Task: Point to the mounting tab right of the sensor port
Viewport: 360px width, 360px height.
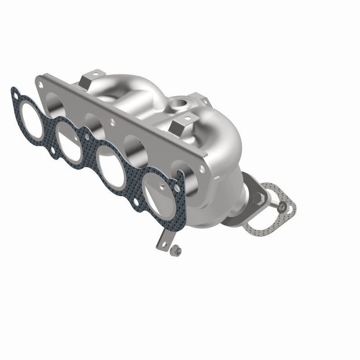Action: pyautogui.click(x=198, y=98)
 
